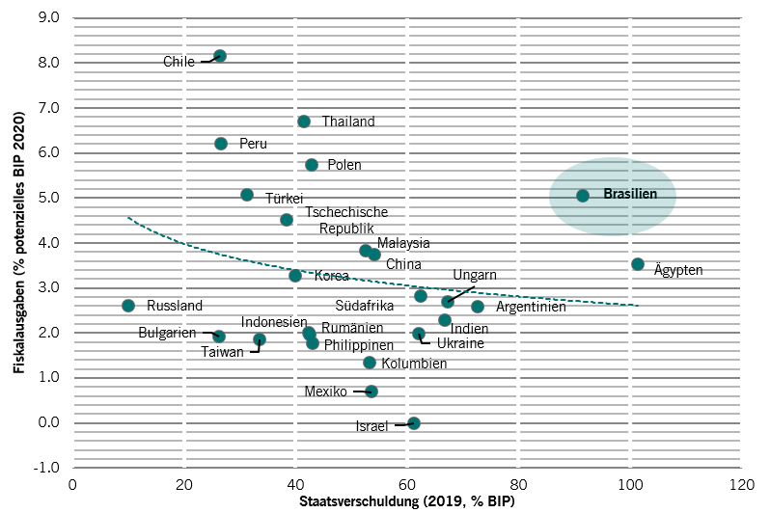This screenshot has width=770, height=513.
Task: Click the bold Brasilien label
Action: tap(630, 194)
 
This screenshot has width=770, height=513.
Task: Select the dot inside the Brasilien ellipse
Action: tap(583, 196)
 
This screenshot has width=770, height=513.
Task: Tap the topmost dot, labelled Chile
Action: tap(220, 56)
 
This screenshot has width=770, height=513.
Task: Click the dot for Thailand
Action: tap(304, 121)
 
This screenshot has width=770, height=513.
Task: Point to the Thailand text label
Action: tap(348, 121)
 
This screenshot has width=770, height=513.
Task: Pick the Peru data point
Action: tap(221, 144)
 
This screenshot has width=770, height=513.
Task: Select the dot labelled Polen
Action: tap(312, 165)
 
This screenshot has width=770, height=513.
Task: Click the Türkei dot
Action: tap(247, 195)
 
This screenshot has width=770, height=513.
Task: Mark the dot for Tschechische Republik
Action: tap(287, 220)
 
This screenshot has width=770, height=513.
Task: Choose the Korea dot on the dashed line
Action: tap(295, 275)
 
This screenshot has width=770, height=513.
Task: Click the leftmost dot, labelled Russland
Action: tap(128, 306)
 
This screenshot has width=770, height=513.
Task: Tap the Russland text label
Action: tap(175, 307)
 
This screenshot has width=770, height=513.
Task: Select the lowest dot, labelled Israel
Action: tap(414, 423)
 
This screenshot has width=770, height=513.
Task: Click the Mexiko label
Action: tap(324, 391)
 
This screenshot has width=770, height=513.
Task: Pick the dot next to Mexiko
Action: tap(371, 391)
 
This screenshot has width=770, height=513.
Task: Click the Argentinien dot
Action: tap(478, 307)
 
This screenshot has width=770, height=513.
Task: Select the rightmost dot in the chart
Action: tap(638, 264)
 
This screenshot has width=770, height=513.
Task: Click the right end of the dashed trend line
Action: tap(638, 306)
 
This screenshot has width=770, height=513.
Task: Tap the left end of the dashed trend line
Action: tap(128, 218)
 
